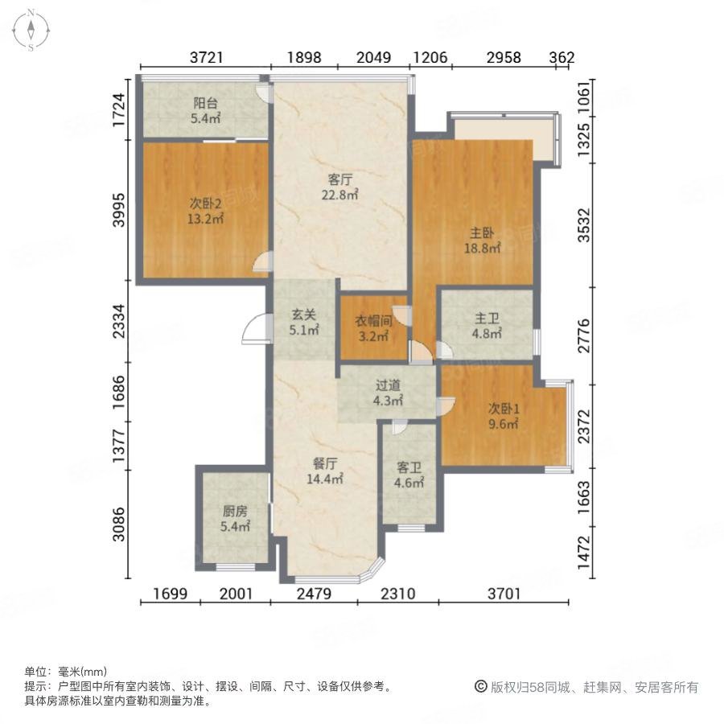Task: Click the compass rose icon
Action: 31,30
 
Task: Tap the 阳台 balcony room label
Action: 205,103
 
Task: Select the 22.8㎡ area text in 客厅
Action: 339,195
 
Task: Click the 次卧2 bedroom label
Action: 205,204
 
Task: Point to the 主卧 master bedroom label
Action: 482,232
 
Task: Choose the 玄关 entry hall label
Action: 304,315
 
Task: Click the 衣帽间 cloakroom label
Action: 373,321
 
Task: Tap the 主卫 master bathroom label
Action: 487,318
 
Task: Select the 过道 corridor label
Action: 388,385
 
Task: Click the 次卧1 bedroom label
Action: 504,409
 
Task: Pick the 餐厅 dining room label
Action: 325,463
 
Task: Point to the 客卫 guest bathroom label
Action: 409,467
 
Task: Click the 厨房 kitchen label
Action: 235,511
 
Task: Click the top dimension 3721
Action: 207,57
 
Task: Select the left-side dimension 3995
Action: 119,210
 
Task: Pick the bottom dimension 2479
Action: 314,594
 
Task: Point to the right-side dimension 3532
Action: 584,225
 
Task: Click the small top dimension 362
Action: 562,57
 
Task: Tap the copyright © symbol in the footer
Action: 481,687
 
